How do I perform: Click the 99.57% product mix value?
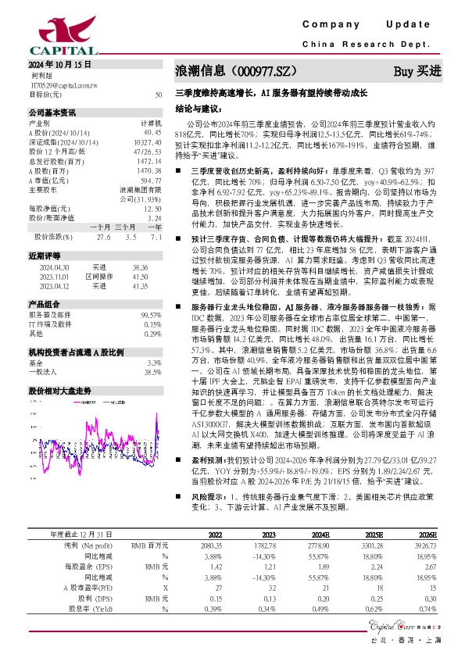click(151, 314)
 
